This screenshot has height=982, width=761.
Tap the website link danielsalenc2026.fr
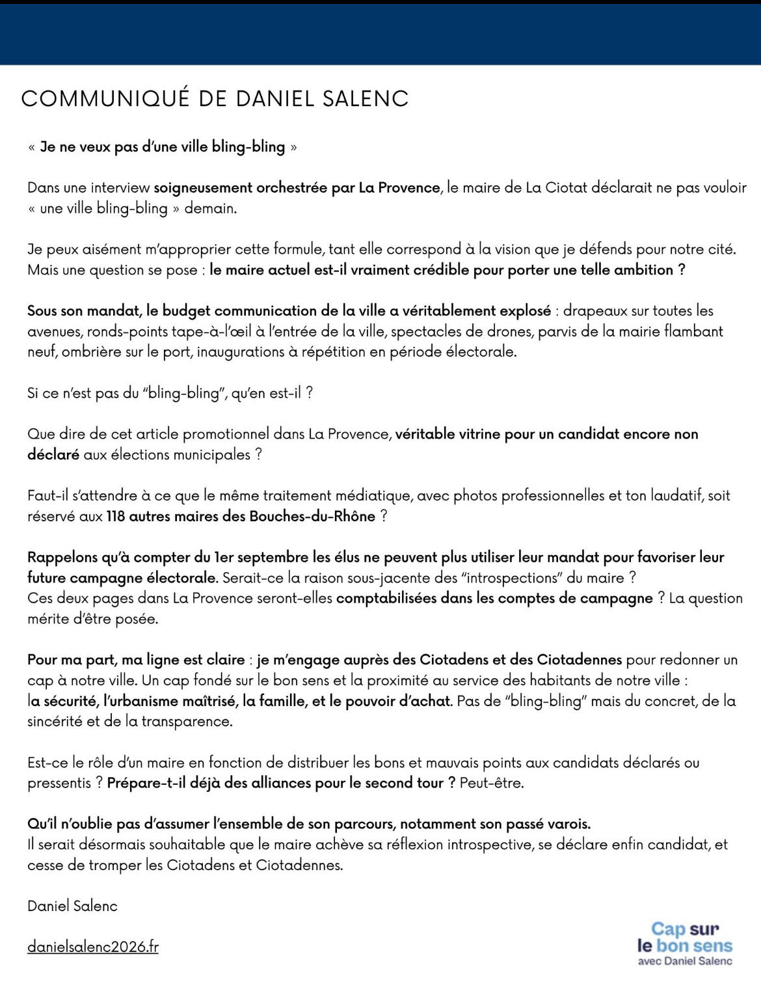click(x=93, y=946)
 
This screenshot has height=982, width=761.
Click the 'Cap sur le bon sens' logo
click(x=685, y=944)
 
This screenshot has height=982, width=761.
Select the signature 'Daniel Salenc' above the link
click(x=72, y=905)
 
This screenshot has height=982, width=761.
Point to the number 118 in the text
click(x=116, y=516)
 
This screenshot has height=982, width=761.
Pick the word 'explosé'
click(x=524, y=310)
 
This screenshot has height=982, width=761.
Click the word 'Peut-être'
click(x=491, y=782)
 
